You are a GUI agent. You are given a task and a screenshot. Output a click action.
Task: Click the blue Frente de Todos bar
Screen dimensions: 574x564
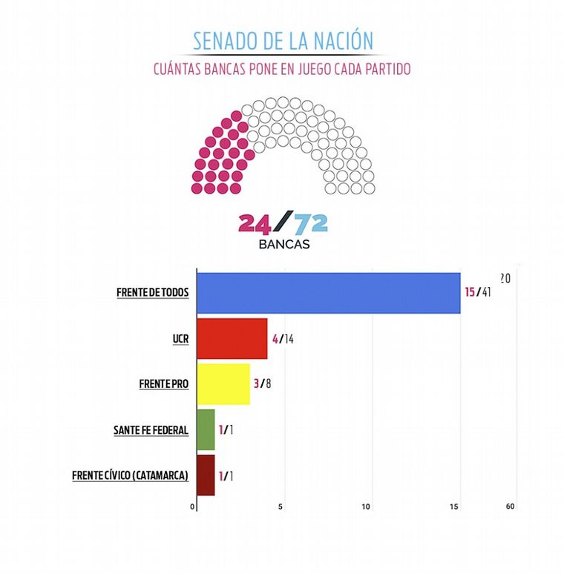pyautogui.click(x=328, y=293)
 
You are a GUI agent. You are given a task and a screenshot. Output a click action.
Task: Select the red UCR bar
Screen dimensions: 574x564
pyautogui.click(x=232, y=339)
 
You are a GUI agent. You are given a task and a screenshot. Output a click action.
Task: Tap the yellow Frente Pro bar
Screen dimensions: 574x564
pyautogui.click(x=223, y=384)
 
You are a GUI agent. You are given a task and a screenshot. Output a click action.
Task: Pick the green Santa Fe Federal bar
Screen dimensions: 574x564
pyautogui.click(x=206, y=430)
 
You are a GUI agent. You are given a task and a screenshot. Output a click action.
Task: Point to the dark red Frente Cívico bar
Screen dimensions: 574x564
pyautogui.click(x=206, y=475)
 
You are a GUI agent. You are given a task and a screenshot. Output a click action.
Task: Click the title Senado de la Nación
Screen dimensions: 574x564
pyautogui.click(x=283, y=40)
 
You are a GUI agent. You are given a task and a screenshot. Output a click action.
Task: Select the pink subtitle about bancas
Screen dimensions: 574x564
pyautogui.click(x=282, y=69)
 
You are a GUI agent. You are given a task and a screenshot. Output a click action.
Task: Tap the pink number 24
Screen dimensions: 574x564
pyautogui.click(x=256, y=223)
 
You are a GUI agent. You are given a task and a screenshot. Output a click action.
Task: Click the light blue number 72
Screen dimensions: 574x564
pyautogui.click(x=310, y=223)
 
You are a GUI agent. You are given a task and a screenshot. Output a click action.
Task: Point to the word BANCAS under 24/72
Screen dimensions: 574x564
pyautogui.click(x=283, y=244)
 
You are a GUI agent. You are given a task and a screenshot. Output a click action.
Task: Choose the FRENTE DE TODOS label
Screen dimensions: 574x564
pyautogui.click(x=153, y=293)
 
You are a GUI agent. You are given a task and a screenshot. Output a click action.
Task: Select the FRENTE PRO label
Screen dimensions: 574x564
pyautogui.click(x=164, y=385)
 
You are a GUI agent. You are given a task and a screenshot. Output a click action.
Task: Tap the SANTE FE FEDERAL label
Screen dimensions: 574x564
pyautogui.click(x=151, y=430)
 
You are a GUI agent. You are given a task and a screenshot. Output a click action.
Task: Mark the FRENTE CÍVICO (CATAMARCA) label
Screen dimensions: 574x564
pyautogui.click(x=131, y=475)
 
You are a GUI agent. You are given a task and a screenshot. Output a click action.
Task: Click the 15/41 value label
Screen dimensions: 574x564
pyautogui.click(x=478, y=292)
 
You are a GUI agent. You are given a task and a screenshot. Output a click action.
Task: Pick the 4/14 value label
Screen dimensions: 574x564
pyautogui.click(x=283, y=339)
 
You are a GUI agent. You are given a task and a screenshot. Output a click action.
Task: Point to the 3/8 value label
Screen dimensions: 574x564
pyautogui.click(x=263, y=384)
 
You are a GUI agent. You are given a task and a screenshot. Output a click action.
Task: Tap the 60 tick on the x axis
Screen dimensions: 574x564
pyautogui.click(x=510, y=507)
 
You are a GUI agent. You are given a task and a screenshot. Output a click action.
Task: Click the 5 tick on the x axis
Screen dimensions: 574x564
pyautogui.click(x=281, y=507)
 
